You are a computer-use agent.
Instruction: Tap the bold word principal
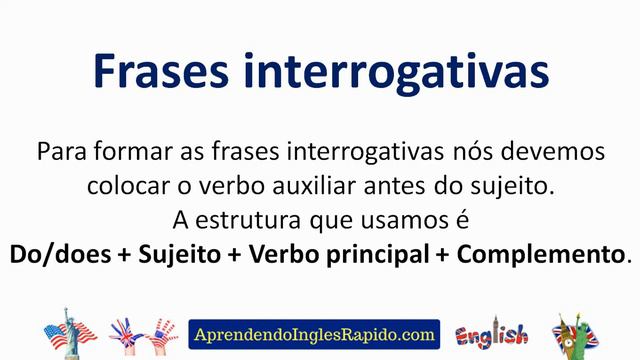pyautogui.click(x=376, y=251)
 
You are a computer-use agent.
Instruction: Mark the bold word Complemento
pyautogui.click(x=540, y=251)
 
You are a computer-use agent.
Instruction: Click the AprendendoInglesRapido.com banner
pyautogui.click(x=314, y=333)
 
